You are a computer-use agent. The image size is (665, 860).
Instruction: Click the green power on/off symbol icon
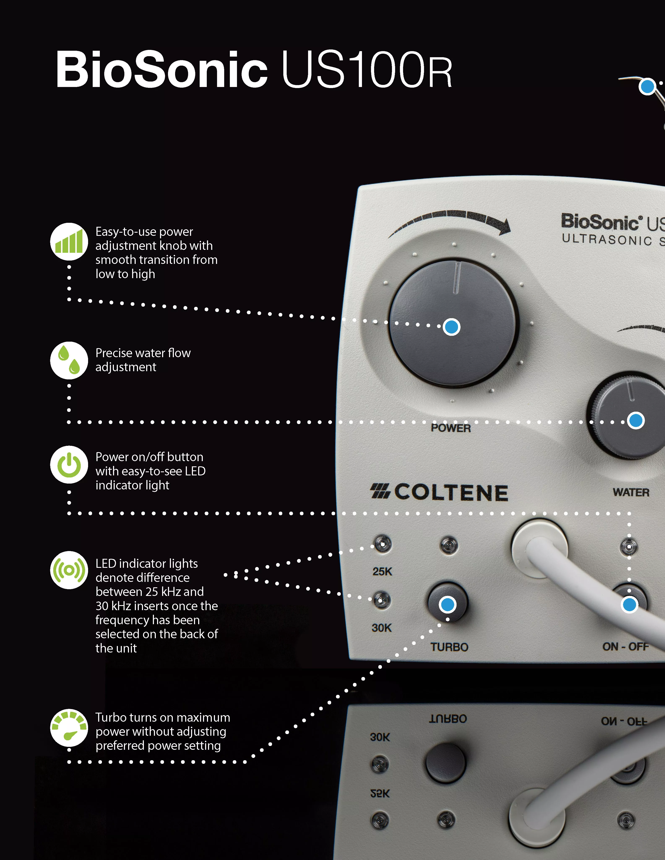point(69,465)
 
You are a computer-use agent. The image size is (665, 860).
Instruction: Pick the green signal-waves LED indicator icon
point(69,570)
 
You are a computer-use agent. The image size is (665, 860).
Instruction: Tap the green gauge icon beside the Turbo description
point(69,728)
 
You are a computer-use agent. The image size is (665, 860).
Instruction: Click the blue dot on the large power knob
point(452,327)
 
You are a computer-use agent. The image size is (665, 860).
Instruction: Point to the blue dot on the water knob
point(635,420)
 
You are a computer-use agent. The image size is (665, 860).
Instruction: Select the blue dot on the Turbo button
point(448,604)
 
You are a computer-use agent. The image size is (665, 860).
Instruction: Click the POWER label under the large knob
point(451,428)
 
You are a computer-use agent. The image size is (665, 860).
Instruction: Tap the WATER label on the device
point(631,492)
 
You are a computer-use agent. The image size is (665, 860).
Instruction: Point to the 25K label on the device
point(382,571)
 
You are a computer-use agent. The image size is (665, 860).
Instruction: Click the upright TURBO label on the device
point(449,647)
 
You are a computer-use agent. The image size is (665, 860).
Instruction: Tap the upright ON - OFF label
point(625,647)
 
